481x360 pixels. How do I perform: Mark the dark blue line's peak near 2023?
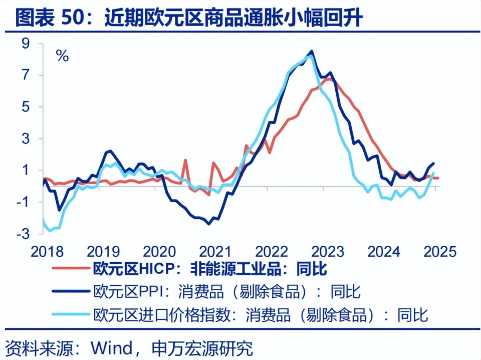pos(312,51)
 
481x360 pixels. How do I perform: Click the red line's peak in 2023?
pos(328,78)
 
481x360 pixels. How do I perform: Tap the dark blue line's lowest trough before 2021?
pos(209,224)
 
